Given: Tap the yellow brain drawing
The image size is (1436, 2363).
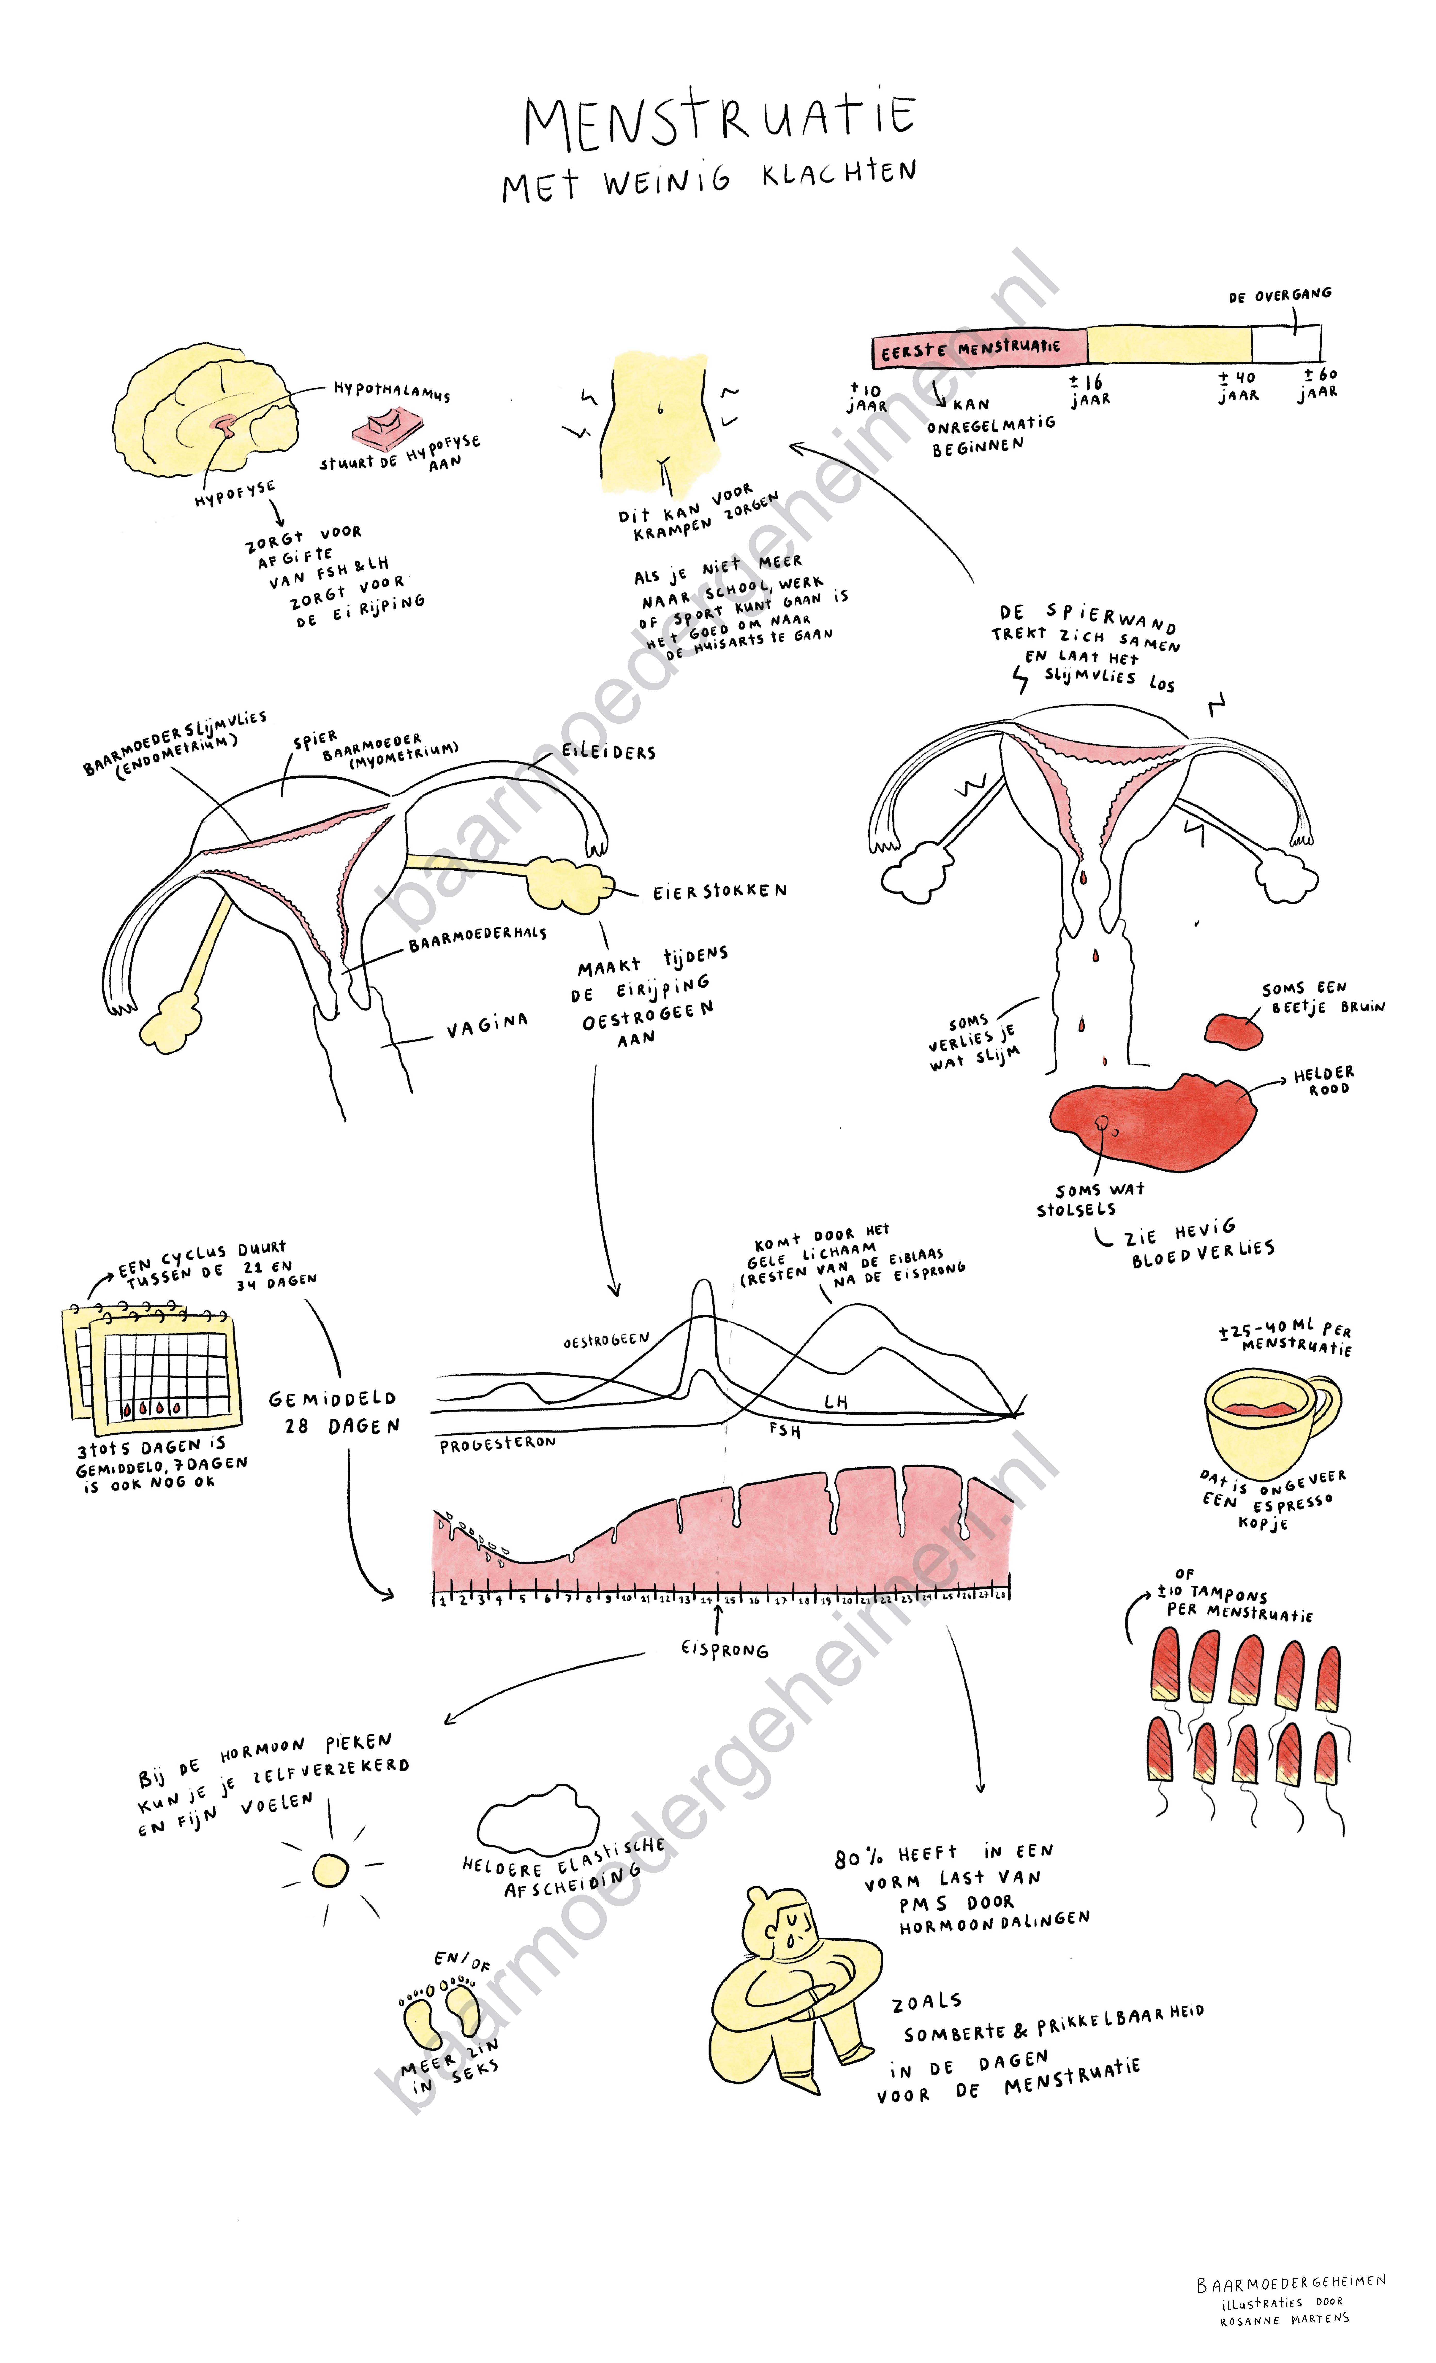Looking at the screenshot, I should pyautogui.click(x=197, y=408).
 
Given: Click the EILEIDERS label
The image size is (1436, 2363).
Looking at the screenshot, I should pyautogui.click(x=609, y=751).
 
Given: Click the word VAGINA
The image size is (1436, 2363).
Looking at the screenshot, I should pyautogui.click(x=487, y=1026).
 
